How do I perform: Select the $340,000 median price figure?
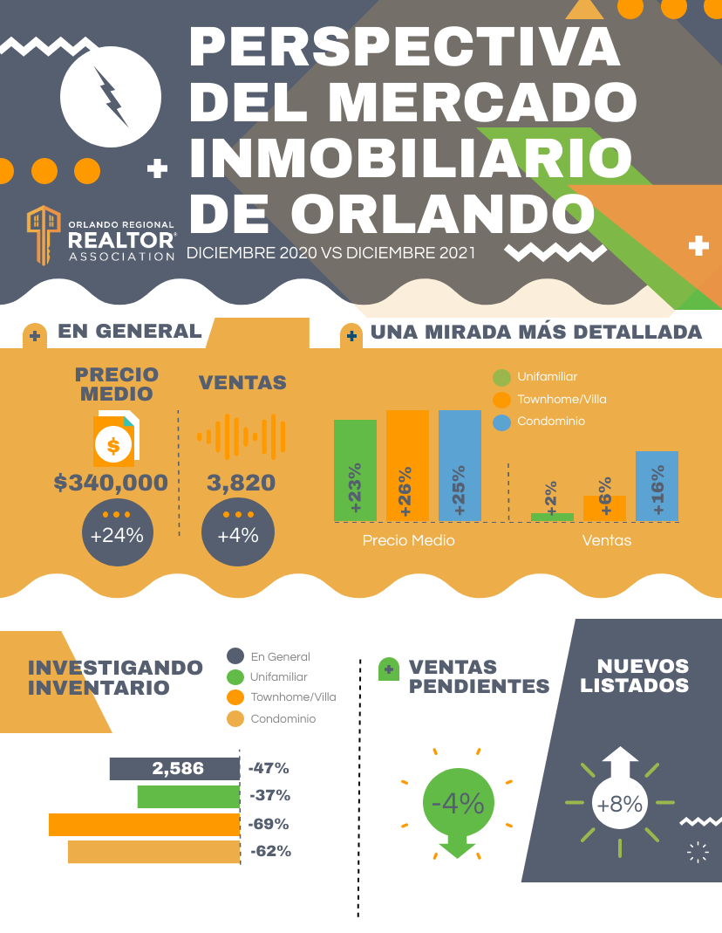111,482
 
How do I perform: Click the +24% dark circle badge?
117,534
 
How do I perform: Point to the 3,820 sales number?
241,482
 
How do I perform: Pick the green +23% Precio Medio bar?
355,471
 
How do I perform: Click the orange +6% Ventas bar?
604,508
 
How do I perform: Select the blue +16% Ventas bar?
657,486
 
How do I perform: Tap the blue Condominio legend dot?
501,422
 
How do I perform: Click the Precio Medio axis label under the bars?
408,540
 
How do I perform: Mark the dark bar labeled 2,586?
174,769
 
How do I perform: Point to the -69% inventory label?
269,824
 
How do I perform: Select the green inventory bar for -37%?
188,797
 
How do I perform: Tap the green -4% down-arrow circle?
458,804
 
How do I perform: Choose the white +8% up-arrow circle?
619,804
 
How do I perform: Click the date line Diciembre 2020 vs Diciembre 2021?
331,253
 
